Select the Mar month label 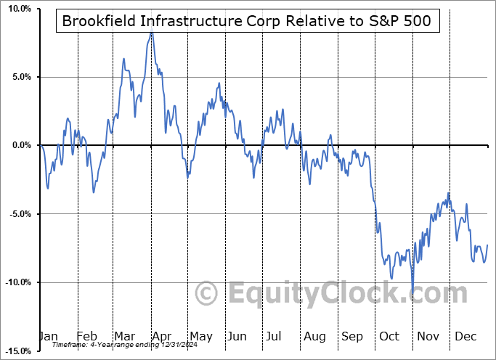[x=124, y=336]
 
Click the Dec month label [x=465, y=336]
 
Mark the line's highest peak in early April [x=151, y=33]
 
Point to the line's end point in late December [x=487, y=245]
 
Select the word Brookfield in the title [x=98, y=21]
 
